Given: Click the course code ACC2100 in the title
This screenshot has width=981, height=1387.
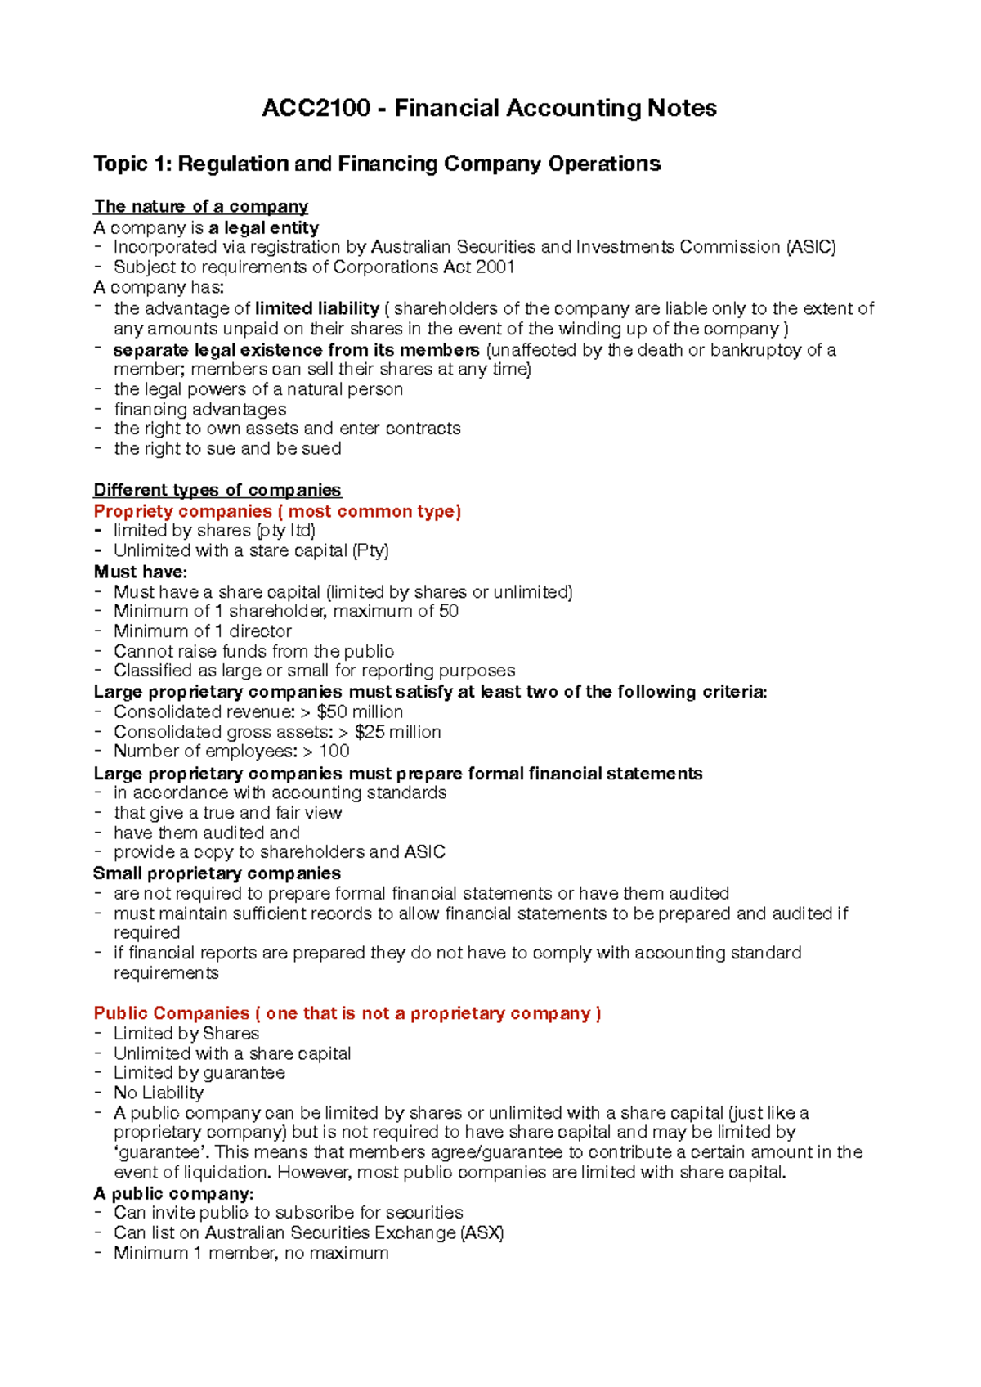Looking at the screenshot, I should (316, 108).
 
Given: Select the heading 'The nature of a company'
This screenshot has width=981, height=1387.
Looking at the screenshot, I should (200, 206).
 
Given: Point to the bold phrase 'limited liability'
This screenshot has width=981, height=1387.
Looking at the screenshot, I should (317, 308).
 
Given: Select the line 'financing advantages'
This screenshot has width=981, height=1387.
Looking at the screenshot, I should (199, 409).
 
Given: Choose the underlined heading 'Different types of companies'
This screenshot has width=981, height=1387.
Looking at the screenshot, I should (217, 490).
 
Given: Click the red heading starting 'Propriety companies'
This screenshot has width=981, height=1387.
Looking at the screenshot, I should (277, 511).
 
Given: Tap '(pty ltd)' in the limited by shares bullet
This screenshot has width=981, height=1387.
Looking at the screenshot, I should (285, 531).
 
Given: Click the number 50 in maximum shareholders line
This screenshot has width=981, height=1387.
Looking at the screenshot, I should (448, 611).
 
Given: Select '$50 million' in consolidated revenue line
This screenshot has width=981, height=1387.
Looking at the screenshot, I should (360, 711).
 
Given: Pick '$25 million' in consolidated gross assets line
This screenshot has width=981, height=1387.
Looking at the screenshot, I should (397, 732).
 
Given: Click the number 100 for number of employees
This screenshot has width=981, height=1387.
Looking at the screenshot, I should (334, 751).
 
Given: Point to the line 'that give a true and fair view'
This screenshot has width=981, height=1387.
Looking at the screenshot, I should (227, 813).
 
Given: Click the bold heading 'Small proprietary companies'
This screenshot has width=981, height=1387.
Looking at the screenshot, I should (217, 873).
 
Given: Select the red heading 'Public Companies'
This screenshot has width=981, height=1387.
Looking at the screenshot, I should (172, 1013).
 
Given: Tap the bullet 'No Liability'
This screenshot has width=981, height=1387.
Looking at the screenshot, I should (159, 1093).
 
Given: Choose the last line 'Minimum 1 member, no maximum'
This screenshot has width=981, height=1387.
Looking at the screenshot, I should (251, 1253).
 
